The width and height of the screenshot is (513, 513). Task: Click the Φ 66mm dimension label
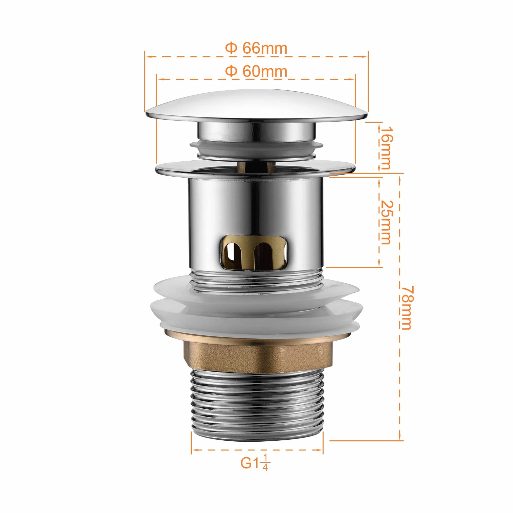point(256,48)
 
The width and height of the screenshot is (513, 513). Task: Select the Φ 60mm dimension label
point(256,71)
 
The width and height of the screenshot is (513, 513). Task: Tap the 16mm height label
point(386,148)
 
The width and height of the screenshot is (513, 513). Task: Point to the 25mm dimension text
point(386,222)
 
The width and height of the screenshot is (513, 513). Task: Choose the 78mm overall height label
point(408,308)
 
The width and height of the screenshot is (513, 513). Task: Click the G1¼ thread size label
point(255,463)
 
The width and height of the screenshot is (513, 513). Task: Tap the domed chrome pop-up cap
point(256,105)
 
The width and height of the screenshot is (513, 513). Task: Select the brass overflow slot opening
point(254,251)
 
